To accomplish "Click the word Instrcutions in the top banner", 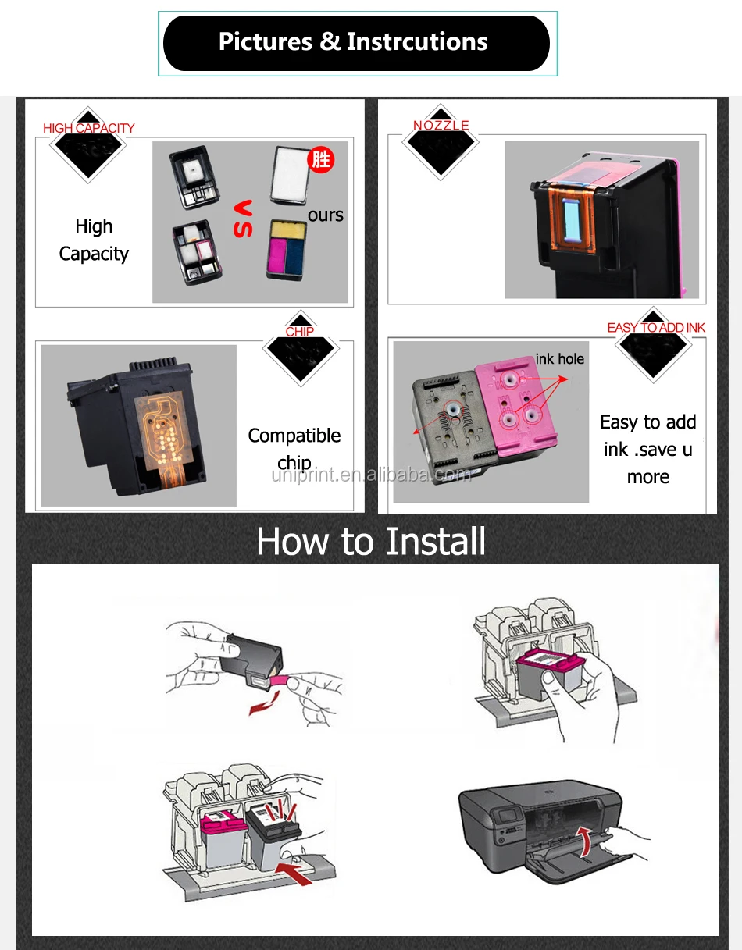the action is [417, 42].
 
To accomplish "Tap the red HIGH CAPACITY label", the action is [89, 128].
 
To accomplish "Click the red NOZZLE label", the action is [441, 126].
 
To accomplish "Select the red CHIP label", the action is [299, 332].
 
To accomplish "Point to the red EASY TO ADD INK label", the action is [656, 327].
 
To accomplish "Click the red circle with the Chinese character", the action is [321, 159].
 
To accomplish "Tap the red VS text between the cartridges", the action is [243, 219].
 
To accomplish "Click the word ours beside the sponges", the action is [325, 215].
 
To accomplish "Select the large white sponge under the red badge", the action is [290, 175].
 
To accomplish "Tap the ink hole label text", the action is [560, 359].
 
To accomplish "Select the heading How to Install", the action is [371, 541].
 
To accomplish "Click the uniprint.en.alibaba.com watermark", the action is [371, 475].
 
